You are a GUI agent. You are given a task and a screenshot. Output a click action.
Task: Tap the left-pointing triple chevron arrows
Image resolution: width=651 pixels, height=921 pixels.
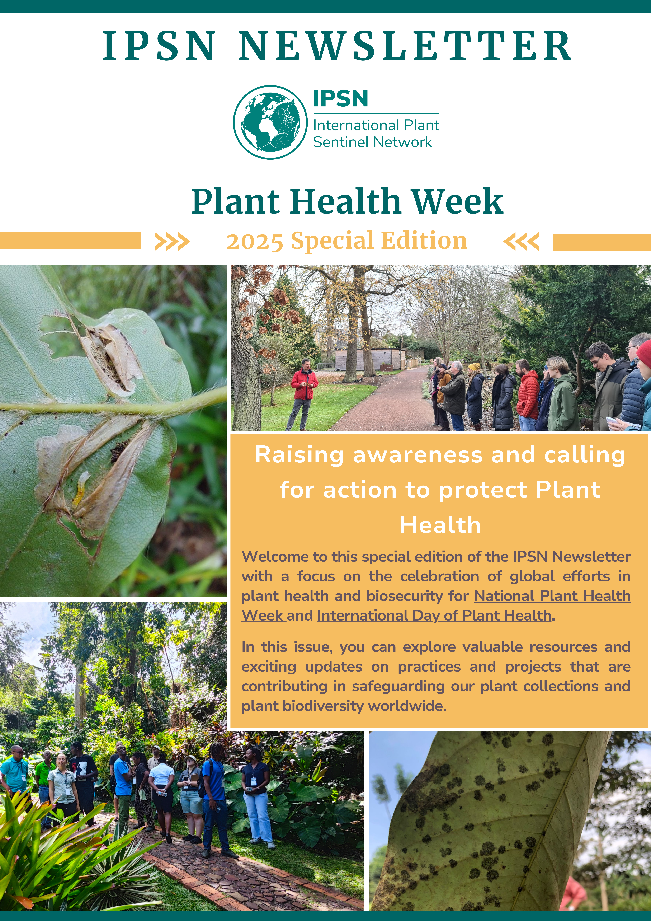pyautogui.click(x=521, y=242)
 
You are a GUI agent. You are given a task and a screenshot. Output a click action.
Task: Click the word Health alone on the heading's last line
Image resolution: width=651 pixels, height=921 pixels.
pyautogui.click(x=440, y=525)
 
